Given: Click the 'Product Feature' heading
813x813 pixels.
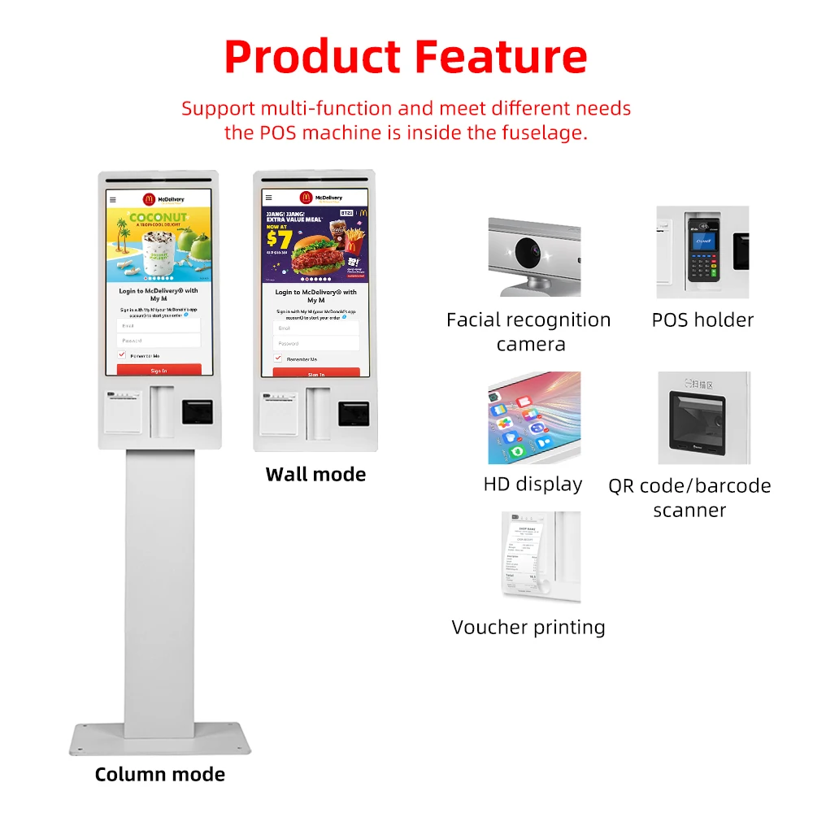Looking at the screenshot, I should (406, 57).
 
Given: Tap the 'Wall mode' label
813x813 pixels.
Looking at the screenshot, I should (315, 474).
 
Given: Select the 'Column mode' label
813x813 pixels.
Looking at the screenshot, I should (159, 774).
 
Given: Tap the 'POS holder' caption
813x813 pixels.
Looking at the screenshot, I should (702, 320).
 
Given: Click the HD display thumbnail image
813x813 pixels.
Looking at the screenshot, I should (534, 418).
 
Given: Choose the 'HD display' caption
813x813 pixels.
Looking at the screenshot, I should (533, 485).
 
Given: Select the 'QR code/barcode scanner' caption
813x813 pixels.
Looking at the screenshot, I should (689, 498).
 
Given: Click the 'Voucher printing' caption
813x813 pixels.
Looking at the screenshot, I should (528, 627).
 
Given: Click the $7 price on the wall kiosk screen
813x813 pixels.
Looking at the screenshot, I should (278, 238).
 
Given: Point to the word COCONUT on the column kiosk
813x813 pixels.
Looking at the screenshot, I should (157, 218).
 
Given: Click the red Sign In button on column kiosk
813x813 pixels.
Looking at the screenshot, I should (159, 370).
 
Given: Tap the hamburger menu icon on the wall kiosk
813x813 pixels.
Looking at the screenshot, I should (268, 198).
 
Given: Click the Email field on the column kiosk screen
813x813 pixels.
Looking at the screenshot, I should (159, 324).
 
